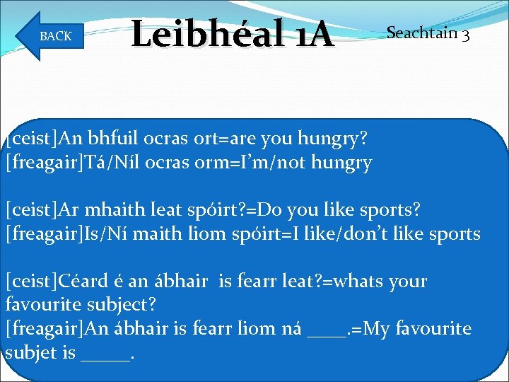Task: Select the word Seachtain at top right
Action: (x=421, y=33)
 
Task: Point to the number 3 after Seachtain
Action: (x=465, y=34)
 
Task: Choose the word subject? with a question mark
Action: (x=120, y=305)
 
